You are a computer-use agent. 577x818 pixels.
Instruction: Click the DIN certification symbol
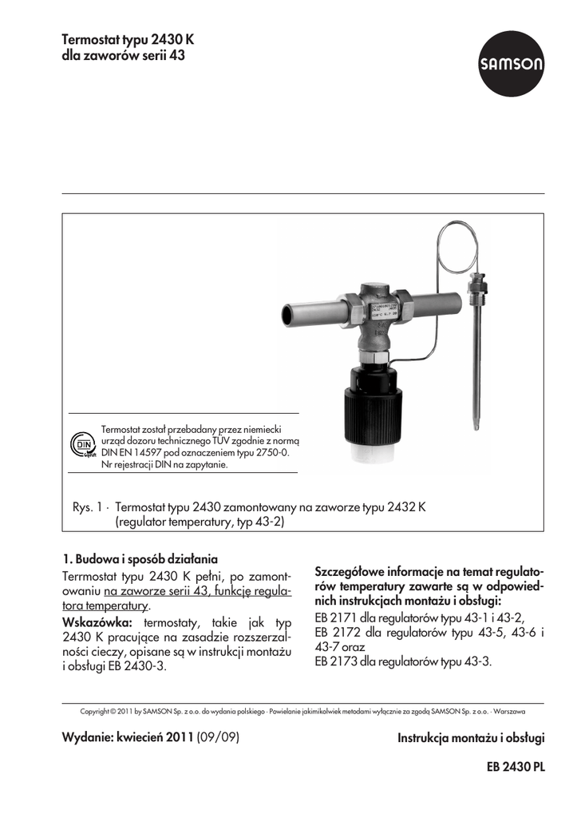coord(81,445)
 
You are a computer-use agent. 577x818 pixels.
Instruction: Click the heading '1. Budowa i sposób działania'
coord(140,558)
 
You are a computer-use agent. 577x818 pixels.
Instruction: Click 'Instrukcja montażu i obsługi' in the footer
coord(471,738)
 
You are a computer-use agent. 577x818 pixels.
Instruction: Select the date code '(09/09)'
coord(219,737)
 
